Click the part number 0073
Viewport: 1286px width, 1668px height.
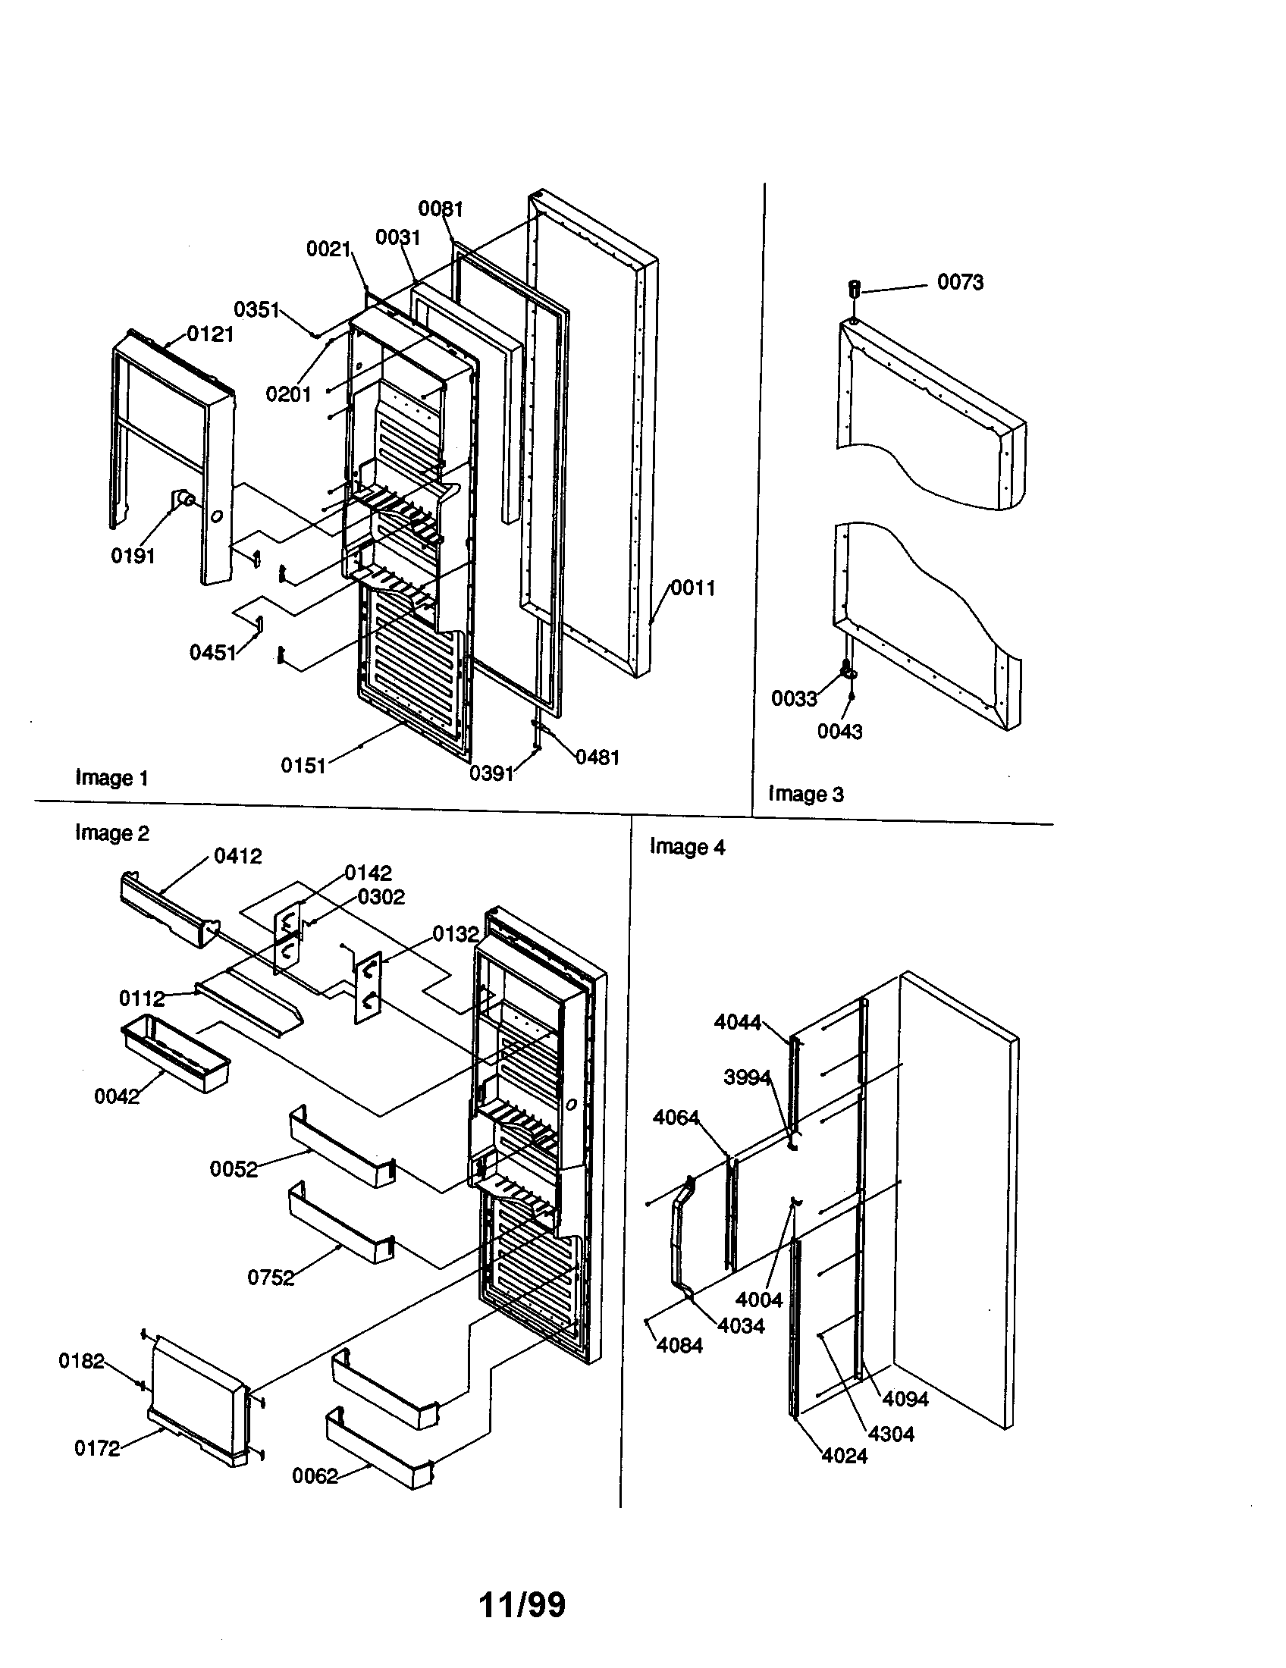click(960, 282)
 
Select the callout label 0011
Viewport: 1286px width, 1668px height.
click(692, 588)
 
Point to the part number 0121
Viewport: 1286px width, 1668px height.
click(210, 334)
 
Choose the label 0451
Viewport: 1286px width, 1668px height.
click(212, 652)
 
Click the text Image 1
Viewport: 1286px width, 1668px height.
click(111, 777)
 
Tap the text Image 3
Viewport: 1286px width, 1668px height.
click(806, 794)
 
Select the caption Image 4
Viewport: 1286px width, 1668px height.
click(687, 846)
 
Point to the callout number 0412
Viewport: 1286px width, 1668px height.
click(237, 856)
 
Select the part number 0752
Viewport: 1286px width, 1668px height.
click(271, 1278)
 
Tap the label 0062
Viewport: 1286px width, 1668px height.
click(315, 1476)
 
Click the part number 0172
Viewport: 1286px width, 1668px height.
click(97, 1448)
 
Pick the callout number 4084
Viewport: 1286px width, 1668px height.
click(679, 1345)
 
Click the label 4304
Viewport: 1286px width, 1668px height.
click(891, 1434)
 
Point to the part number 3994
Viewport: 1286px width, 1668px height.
click(747, 1077)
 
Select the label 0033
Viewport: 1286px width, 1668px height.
click(794, 698)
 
